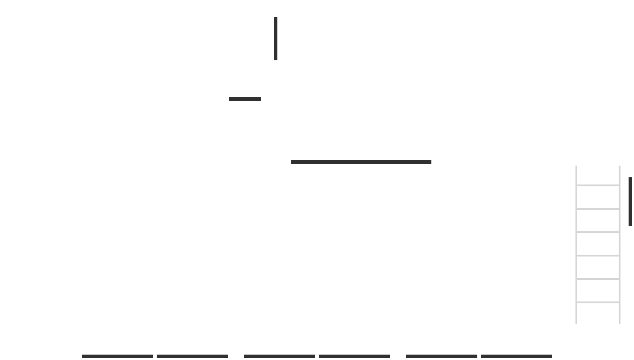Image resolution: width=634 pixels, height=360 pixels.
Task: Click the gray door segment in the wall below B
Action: [x=360, y=162]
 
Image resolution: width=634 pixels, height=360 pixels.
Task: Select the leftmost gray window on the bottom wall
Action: [x=155, y=356]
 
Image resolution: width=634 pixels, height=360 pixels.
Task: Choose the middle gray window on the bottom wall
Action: [x=317, y=356]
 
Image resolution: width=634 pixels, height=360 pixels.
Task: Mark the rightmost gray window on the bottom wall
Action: [x=479, y=356]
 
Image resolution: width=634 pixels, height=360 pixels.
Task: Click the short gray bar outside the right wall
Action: [x=630, y=202]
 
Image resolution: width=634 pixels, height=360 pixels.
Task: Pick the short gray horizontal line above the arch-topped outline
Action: [x=245, y=99]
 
